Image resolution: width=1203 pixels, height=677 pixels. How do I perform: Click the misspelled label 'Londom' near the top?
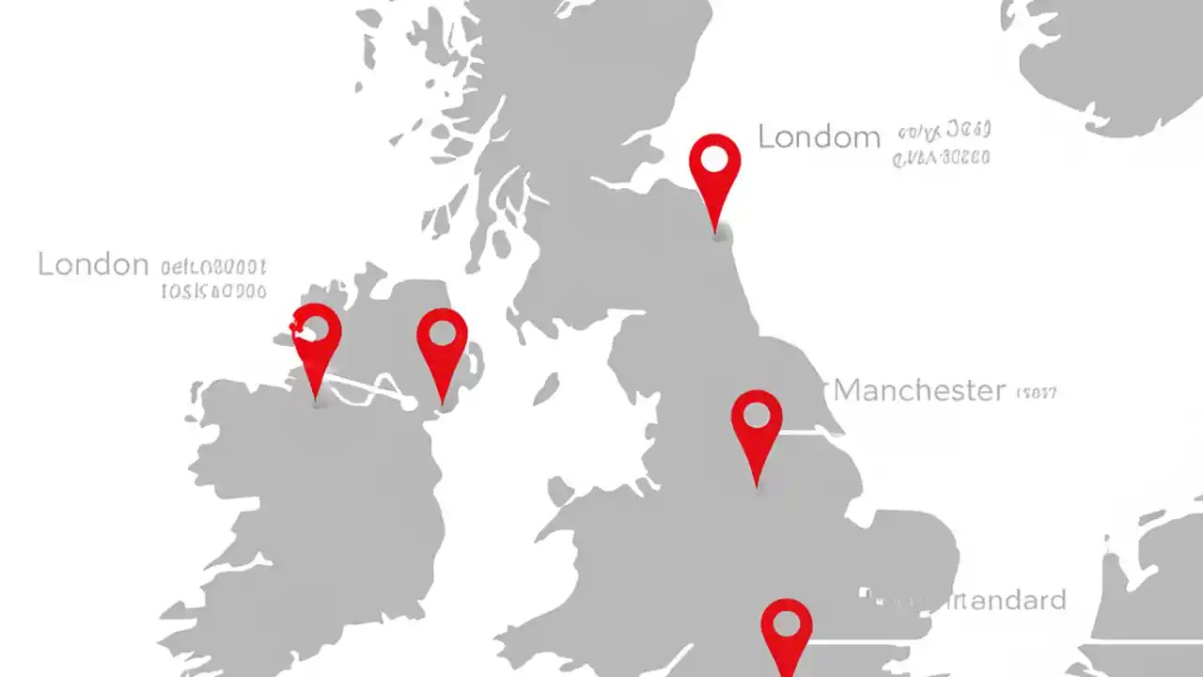(x=819, y=137)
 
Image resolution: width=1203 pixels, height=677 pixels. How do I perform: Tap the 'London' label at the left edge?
(x=93, y=264)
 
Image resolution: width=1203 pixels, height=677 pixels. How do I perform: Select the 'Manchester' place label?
(x=919, y=389)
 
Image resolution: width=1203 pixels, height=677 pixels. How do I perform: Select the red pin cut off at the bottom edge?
(x=786, y=635)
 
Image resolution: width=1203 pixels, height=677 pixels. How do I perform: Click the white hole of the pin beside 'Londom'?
(x=714, y=159)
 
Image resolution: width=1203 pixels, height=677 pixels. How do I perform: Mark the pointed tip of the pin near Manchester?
(x=758, y=485)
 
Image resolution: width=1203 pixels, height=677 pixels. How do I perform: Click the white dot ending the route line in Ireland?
(x=410, y=403)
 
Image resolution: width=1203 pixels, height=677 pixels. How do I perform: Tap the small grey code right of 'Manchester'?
(x=1037, y=392)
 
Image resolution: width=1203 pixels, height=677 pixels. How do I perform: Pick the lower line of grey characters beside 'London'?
(x=213, y=291)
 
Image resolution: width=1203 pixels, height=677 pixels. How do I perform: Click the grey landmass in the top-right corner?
(x=1109, y=56)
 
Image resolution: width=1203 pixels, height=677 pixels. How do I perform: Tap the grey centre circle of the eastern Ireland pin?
(x=442, y=333)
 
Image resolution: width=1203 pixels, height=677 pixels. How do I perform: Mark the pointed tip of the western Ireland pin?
(x=317, y=400)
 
